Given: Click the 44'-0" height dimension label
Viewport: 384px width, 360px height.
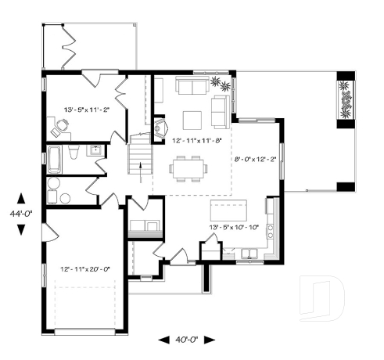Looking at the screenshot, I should point(21,213).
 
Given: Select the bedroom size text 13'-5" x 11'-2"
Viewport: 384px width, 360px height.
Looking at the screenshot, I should point(85,110).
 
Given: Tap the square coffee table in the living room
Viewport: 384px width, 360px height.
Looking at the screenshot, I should point(192,119).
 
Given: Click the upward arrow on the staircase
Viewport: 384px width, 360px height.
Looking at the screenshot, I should point(139,165).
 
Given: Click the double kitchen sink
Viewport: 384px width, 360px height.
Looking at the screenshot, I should point(249,252).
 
